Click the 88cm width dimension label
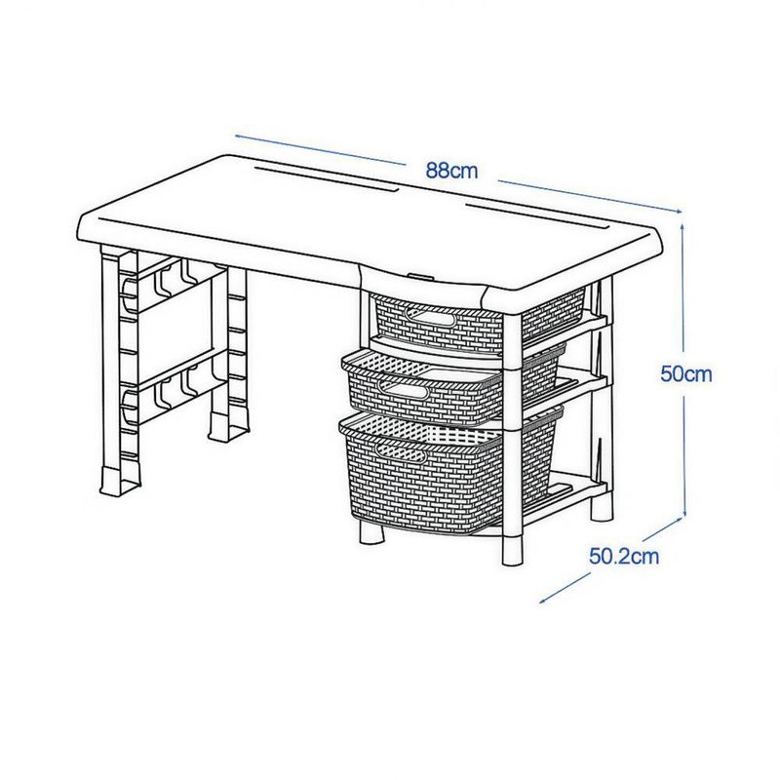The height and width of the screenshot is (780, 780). pos(451,171)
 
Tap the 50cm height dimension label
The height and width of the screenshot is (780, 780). pos(686,373)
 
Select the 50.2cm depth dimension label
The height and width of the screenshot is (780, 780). pos(624,556)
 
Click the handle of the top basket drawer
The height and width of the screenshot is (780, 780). pos(430,316)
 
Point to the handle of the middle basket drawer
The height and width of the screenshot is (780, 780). pos(403,390)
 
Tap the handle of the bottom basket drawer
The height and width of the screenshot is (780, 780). pos(402,452)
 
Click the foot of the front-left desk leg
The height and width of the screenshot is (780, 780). pos(119,481)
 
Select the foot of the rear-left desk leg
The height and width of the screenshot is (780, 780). pos(228,427)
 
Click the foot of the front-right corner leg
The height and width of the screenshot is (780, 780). pos(513,550)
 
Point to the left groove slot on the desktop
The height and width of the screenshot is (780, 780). pos(327,178)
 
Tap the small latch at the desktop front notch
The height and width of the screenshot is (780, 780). pos(420,275)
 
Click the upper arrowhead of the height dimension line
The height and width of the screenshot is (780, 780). pos(682,227)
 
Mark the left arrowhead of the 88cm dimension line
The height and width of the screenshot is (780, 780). pos(240,136)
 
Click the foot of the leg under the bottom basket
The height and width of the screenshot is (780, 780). pos(371,532)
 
